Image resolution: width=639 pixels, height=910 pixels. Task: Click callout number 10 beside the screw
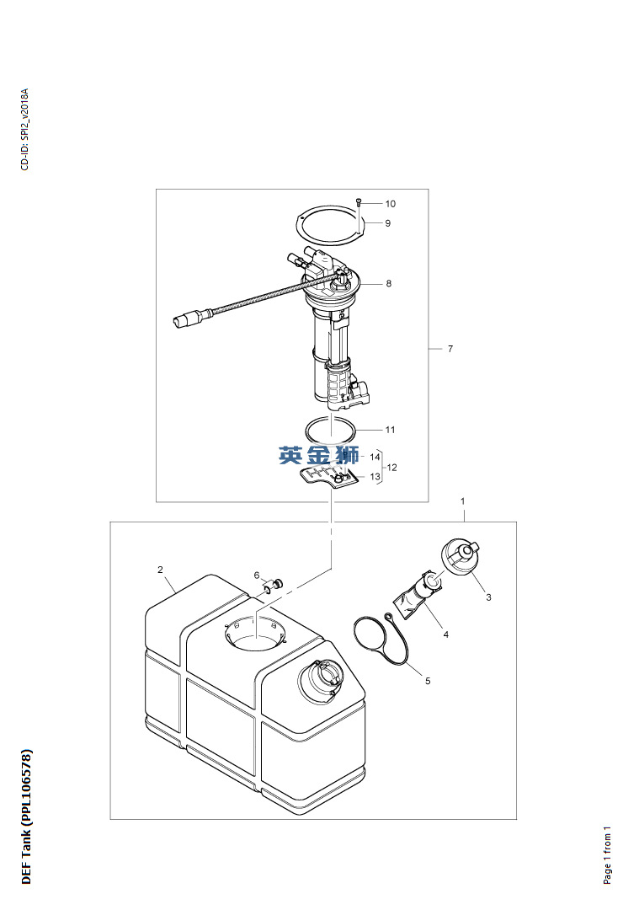click(x=391, y=204)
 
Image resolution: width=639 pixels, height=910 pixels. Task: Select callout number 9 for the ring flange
click(x=388, y=222)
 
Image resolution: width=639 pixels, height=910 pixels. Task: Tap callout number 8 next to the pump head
click(x=388, y=283)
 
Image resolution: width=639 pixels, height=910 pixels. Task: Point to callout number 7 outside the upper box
click(x=450, y=349)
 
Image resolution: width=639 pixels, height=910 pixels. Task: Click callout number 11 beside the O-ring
click(x=391, y=430)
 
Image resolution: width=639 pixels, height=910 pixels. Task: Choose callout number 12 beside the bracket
click(x=392, y=467)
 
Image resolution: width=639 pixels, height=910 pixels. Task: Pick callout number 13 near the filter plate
click(x=375, y=476)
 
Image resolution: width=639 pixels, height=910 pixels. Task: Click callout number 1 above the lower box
click(x=463, y=500)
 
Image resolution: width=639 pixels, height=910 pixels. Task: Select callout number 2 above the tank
click(x=161, y=570)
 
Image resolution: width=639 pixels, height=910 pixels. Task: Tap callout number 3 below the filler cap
click(x=489, y=597)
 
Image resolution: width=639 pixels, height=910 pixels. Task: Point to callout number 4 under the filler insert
click(x=446, y=634)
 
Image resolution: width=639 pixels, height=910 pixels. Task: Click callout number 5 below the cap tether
click(x=428, y=681)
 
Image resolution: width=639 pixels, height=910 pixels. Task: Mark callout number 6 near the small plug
click(x=257, y=575)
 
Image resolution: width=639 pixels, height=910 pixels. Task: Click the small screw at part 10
click(x=359, y=202)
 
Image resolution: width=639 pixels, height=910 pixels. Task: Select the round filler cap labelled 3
click(x=461, y=556)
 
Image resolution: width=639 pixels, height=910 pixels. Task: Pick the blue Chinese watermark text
click(x=318, y=455)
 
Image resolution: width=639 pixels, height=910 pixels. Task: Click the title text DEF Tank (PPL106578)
click(x=27, y=817)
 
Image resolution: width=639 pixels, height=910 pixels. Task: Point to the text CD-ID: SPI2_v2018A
click(x=24, y=130)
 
